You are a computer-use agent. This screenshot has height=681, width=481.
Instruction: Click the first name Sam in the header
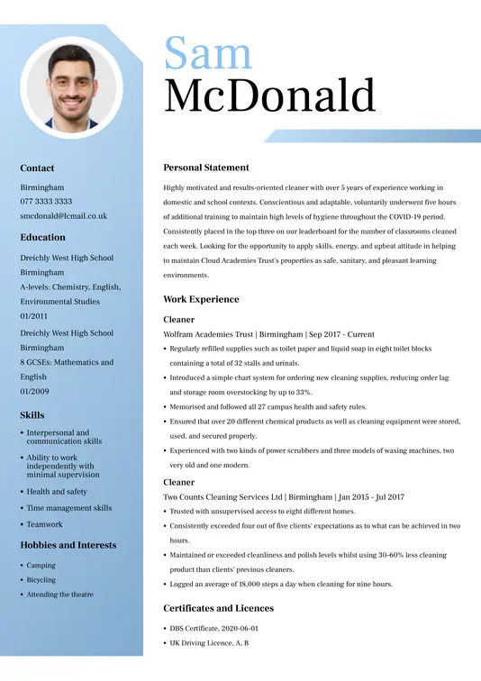pos(208,53)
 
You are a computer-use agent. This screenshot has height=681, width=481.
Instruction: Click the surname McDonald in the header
pos(269,95)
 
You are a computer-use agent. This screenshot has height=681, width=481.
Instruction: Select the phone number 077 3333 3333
pos(46,202)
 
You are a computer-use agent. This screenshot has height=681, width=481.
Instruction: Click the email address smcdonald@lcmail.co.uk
pos(63,216)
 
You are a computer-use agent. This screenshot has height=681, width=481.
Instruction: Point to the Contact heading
pos(37,168)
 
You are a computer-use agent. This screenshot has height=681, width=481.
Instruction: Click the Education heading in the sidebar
pos(42,238)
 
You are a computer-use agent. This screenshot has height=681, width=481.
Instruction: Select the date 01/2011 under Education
pos(35,316)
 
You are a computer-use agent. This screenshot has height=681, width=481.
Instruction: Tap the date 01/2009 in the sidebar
pos(35,392)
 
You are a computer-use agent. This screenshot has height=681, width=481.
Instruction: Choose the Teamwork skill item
pos(45,524)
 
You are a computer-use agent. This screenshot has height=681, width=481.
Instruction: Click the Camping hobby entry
pos(41,566)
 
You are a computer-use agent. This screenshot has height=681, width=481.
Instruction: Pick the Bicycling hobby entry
pos(41,580)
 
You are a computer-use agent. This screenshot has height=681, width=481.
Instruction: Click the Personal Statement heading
pos(205,168)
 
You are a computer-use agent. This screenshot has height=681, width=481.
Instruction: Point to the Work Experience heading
pos(201,299)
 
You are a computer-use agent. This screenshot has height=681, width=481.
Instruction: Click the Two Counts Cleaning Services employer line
pos(284,496)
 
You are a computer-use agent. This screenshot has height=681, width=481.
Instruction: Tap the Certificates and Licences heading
pos(219,608)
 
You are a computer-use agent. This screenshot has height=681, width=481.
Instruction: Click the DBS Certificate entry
pos(213,629)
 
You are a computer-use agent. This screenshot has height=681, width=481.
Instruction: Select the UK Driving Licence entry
pos(209,643)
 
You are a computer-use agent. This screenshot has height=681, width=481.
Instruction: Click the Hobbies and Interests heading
pos(68,545)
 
